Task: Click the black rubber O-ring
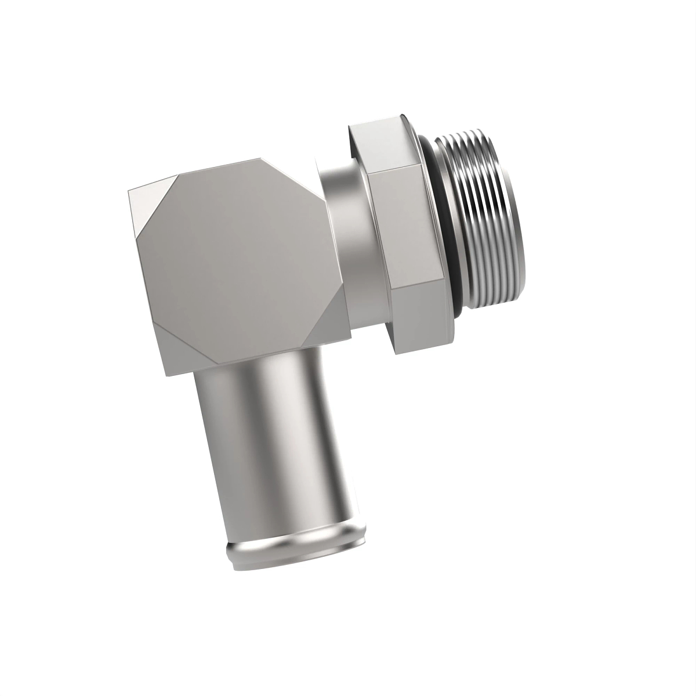[x=444, y=232]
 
